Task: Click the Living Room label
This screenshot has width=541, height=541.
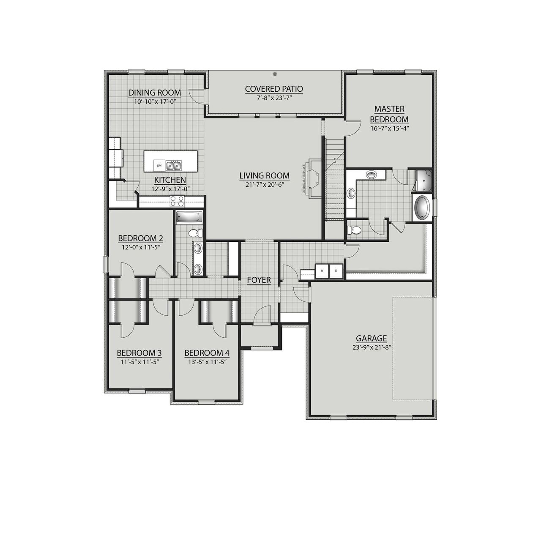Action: pyautogui.click(x=264, y=175)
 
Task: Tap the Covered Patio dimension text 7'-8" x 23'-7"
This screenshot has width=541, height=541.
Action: pyautogui.click(x=273, y=97)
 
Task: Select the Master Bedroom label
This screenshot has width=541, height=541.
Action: pyautogui.click(x=389, y=114)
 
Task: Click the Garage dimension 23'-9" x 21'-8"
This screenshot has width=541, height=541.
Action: pyautogui.click(x=371, y=347)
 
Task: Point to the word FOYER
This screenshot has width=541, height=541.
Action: pyautogui.click(x=259, y=280)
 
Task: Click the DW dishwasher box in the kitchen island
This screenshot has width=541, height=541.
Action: pyautogui.click(x=160, y=165)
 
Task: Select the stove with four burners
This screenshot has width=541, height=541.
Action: pyautogui.click(x=177, y=201)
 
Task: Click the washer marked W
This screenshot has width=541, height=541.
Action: pyautogui.click(x=322, y=270)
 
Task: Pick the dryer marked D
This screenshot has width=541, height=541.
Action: pyautogui.click(x=336, y=270)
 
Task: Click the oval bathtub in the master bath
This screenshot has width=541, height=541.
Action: pyautogui.click(x=421, y=208)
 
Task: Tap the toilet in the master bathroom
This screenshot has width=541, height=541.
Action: pyautogui.click(x=354, y=230)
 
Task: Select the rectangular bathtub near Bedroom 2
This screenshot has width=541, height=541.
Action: pyautogui.click(x=189, y=217)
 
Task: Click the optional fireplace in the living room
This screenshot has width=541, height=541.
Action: pyautogui.click(x=314, y=178)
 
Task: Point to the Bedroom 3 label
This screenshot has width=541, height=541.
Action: pyautogui.click(x=139, y=353)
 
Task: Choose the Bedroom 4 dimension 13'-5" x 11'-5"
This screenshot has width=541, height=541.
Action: pyautogui.click(x=207, y=362)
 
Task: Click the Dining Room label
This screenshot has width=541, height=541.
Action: pyautogui.click(x=154, y=93)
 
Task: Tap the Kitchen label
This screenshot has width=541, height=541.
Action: pyautogui.click(x=170, y=180)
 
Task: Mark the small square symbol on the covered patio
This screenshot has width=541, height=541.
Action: pyautogui.click(x=275, y=74)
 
